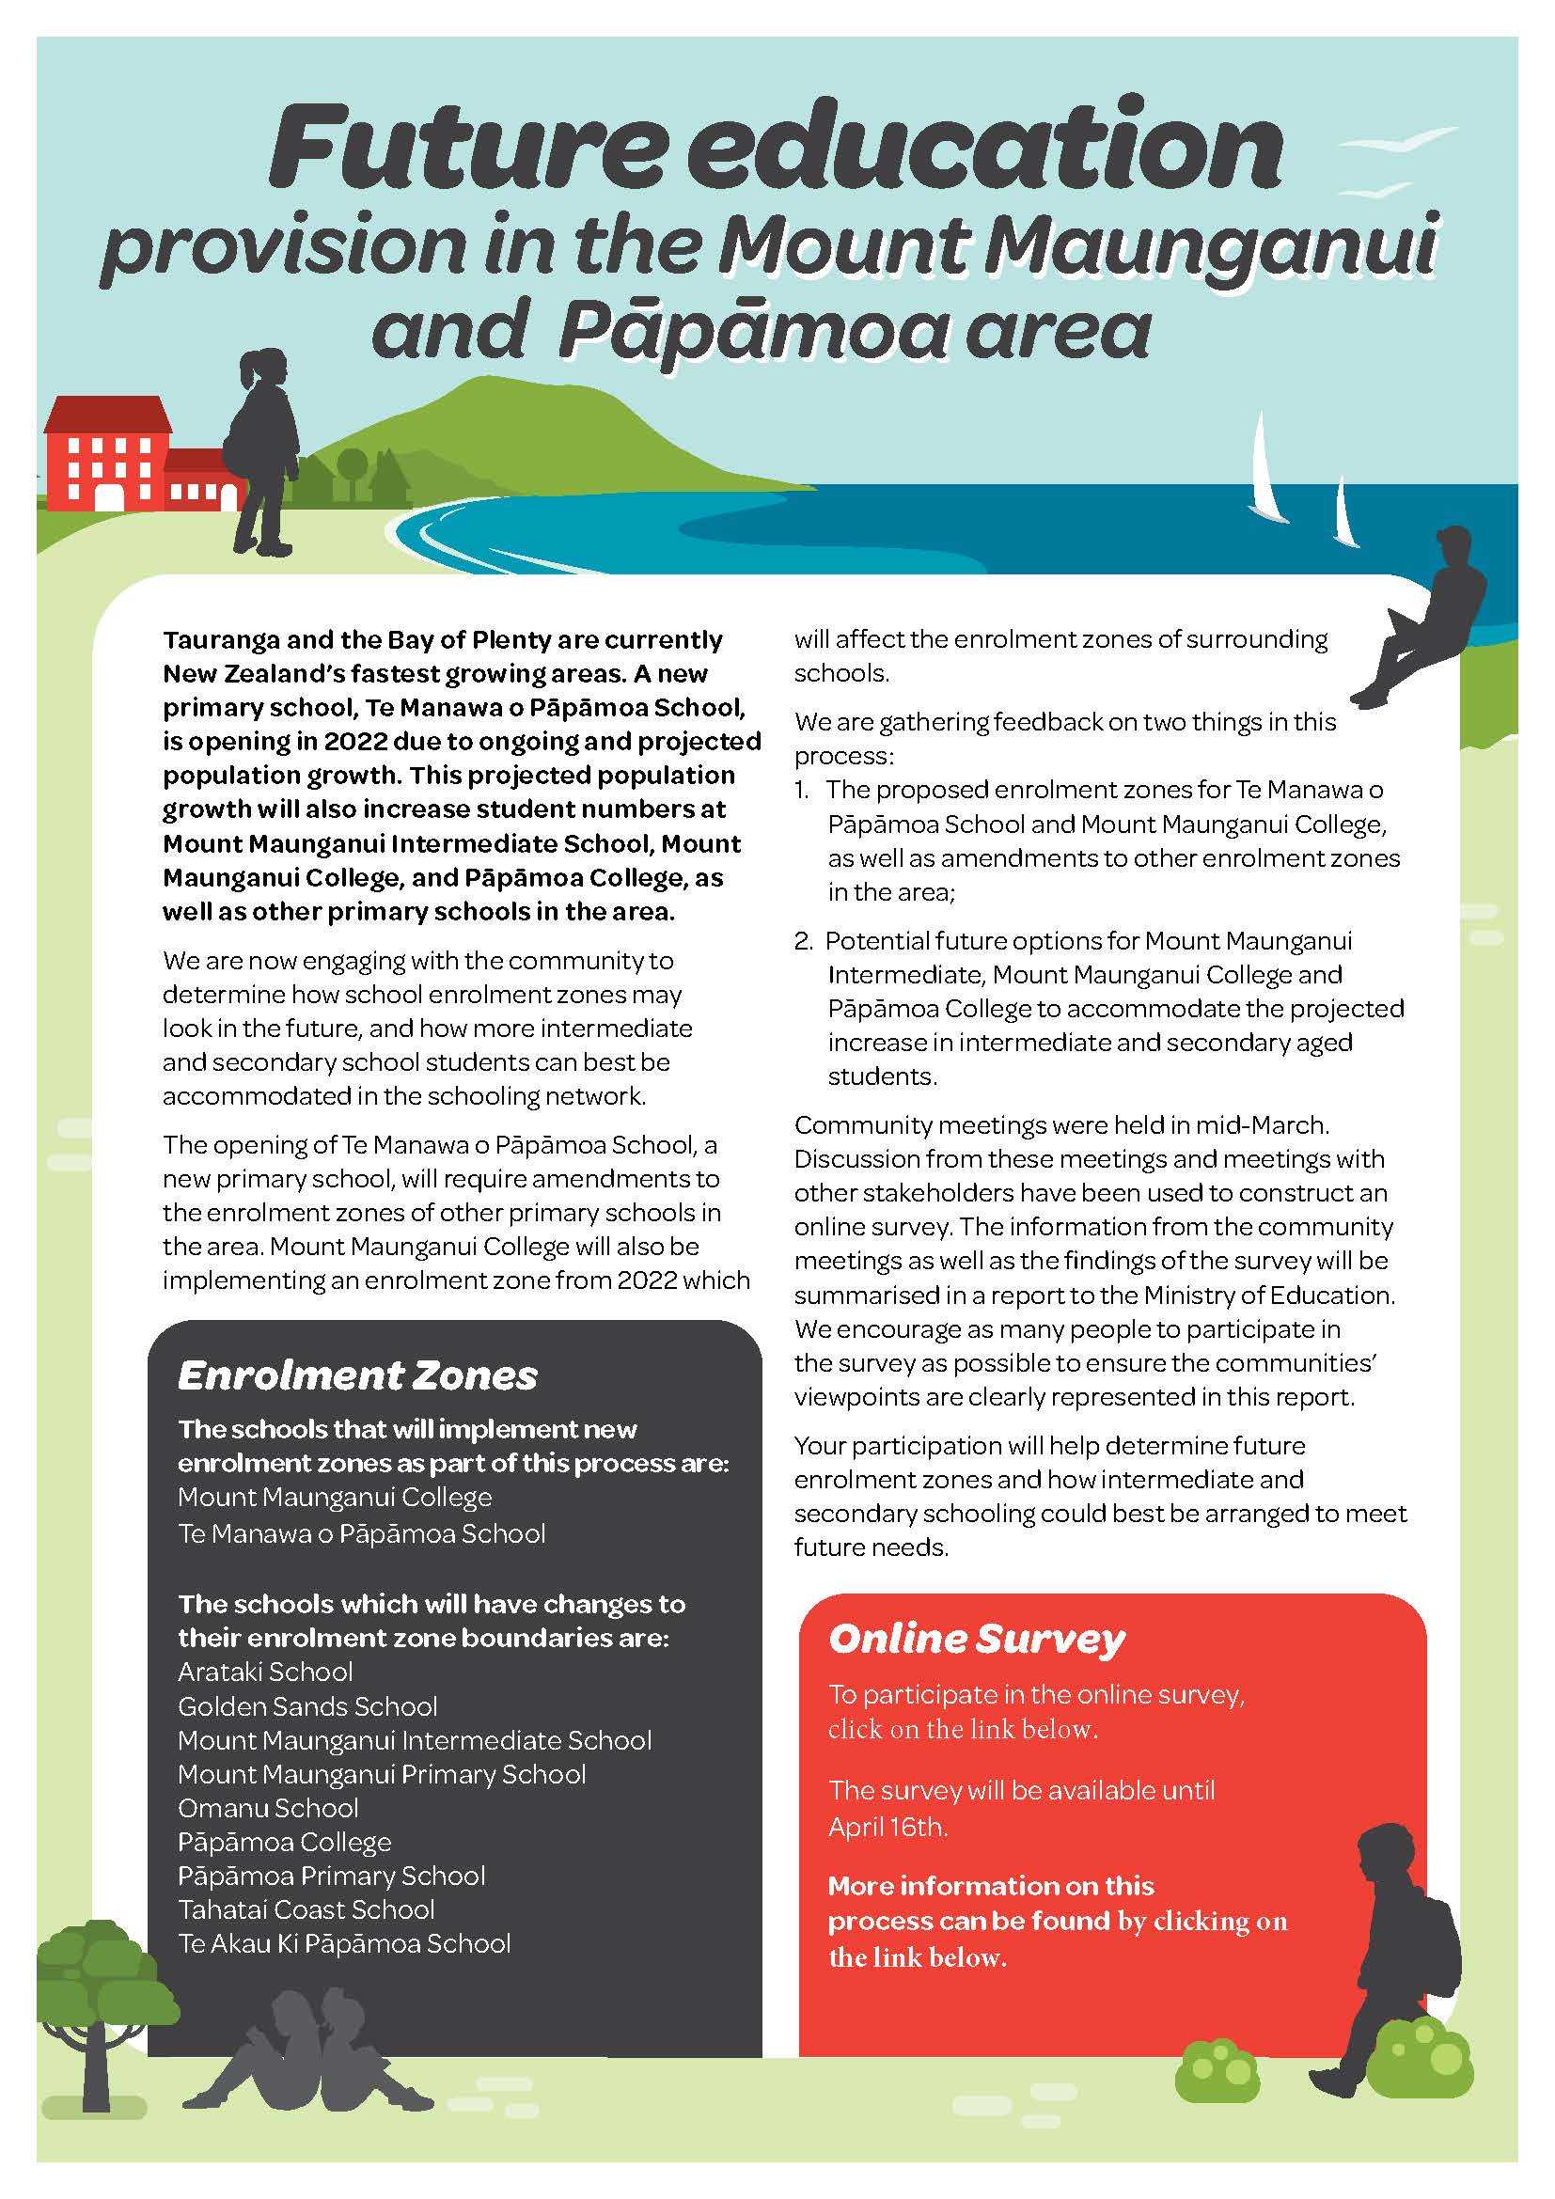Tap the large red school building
[105, 455]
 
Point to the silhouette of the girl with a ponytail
[263, 450]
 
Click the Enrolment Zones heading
[357, 1376]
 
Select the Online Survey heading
[976, 1639]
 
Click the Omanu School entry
[268, 1808]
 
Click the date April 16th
[887, 1827]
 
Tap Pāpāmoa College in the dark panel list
[284, 1842]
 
